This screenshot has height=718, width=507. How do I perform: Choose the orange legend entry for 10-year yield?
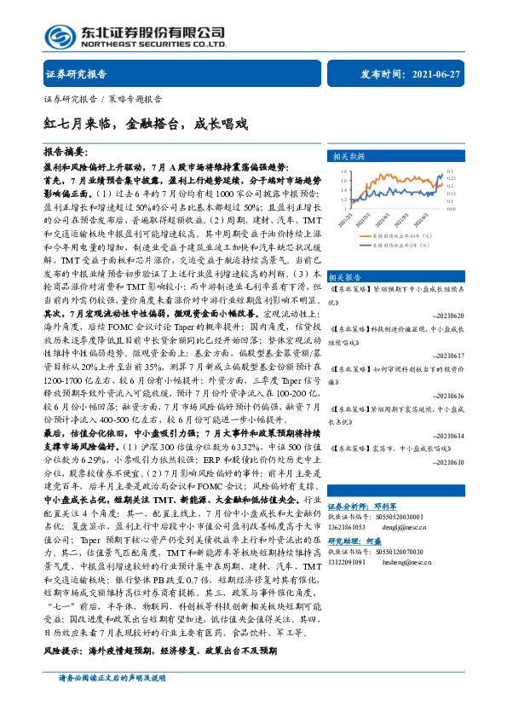coord(400,235)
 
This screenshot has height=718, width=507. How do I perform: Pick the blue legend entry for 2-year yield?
coord(400,245)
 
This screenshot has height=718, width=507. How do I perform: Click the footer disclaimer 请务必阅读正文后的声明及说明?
coord(111,700)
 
